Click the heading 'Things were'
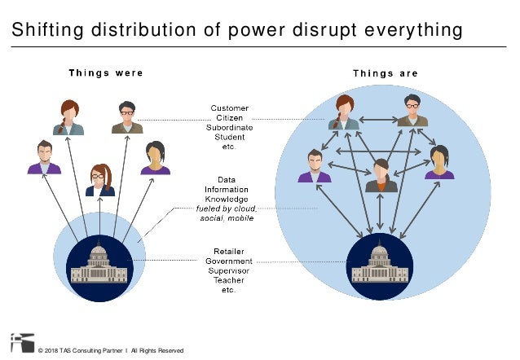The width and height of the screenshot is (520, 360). coord(105,72)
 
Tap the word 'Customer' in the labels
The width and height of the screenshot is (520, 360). coord(230,108)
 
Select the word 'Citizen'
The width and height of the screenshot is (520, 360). coord(230,118)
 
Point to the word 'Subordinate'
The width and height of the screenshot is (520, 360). coord(230,128)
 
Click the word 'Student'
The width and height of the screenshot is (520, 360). coord(230,138)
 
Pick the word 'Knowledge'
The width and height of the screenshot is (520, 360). coord(230,199)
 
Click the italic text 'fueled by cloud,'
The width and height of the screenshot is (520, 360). coord(230,209)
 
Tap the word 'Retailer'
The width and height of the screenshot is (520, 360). coord(230,251)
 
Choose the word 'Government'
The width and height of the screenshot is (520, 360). coord(230,261)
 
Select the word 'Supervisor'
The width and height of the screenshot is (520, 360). coord(230,270)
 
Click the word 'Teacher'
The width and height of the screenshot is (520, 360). coord(230,280)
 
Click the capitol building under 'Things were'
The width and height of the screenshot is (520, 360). coord(99,266)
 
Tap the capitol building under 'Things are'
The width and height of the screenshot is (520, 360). coord(379,265)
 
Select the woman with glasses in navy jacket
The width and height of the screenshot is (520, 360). coord(100,180)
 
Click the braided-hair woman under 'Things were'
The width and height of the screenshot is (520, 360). coord(68,118)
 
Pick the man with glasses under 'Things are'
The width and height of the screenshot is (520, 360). coord(412,111)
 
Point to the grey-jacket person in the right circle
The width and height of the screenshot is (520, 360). coord(381,176)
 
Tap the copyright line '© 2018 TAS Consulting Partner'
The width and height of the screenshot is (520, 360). coord(83,351)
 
